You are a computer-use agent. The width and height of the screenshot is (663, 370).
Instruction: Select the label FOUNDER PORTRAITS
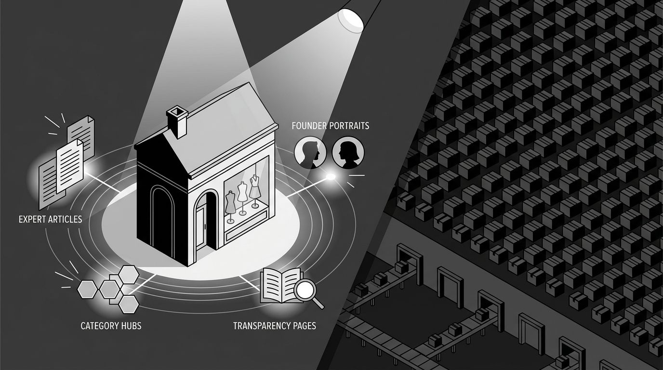tap(330, 126)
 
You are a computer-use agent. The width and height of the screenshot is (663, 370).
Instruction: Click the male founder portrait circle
tap(310, 152)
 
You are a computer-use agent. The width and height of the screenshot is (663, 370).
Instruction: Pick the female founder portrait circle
tap(348, 152)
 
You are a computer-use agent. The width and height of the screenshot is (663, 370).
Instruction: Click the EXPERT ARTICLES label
tap(50, 219)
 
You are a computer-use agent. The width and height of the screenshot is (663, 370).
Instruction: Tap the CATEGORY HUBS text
tap(111, 326)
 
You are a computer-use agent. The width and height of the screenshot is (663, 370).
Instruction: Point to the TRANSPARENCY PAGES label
tap(275, 326)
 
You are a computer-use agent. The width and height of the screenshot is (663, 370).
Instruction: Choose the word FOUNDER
tap(309, 126)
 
